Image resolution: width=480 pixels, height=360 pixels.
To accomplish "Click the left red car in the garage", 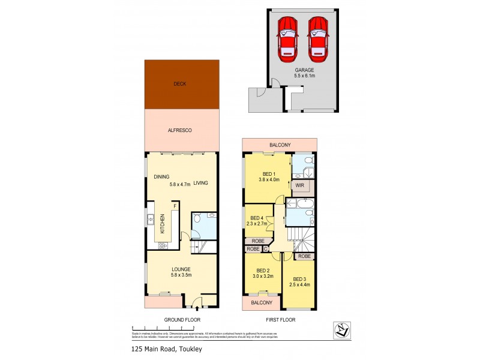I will click(287, 38).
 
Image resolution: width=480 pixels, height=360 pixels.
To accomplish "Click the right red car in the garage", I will click(317, 38).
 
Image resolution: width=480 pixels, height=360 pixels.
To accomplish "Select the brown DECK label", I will click(180, 84).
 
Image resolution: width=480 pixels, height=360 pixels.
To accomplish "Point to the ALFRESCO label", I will click(180, 130).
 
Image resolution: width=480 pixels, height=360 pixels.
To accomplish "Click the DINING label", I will click(161, 176).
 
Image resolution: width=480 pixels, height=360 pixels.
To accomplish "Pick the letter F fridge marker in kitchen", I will click(175, 206).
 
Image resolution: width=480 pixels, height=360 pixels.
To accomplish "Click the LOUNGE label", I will click(181, 269).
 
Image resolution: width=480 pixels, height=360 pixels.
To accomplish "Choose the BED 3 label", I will click(300, 279).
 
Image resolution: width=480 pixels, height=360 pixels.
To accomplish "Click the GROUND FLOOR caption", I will click(182, 320).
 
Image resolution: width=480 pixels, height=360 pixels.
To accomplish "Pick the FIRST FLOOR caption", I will click(280, 320).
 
